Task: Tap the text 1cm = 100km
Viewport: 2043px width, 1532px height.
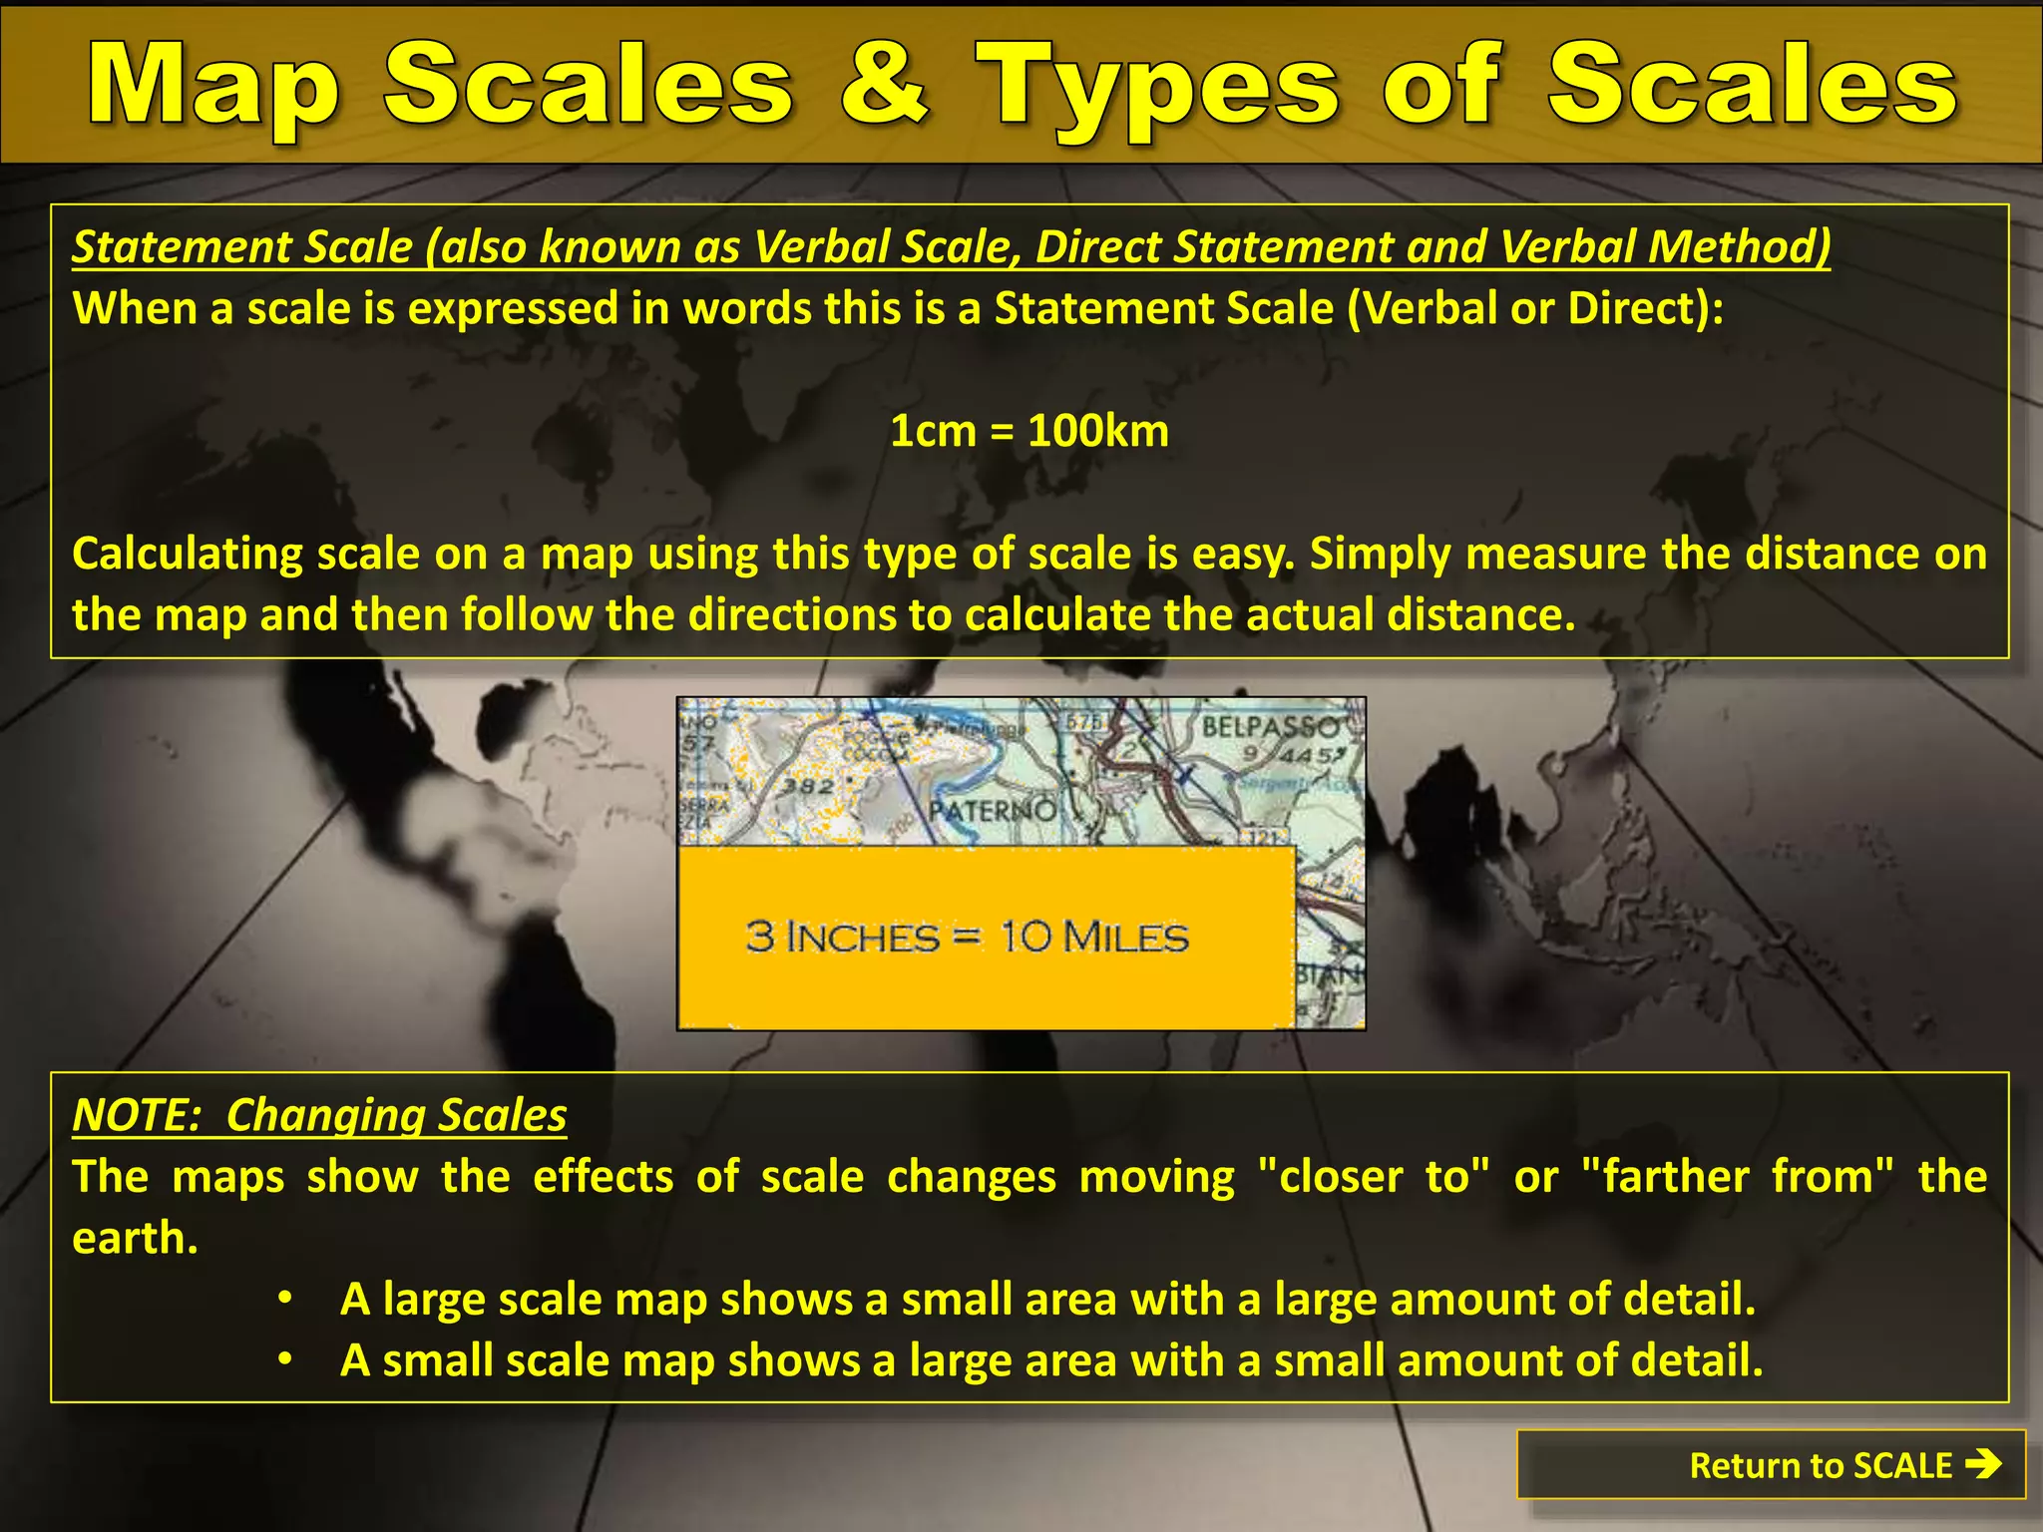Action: pos(1028,431)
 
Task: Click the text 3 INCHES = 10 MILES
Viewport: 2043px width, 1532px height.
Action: pos(967,937)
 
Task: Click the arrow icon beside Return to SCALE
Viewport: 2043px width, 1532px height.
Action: pos(1983,1464)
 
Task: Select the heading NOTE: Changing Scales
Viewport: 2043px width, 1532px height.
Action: pos(319,1115)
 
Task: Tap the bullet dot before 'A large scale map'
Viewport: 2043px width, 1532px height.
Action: pos(285,1299)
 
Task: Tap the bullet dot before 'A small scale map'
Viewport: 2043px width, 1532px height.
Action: pos(285,1360)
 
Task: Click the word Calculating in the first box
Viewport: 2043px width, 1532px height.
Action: pos(187,554)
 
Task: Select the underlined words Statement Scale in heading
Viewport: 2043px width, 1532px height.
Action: pos(242,246)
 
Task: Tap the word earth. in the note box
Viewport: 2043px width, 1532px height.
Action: pos(135,1239)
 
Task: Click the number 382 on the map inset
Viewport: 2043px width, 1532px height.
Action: pos(807,786)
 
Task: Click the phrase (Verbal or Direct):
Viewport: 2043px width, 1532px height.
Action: pos(1534,308)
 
